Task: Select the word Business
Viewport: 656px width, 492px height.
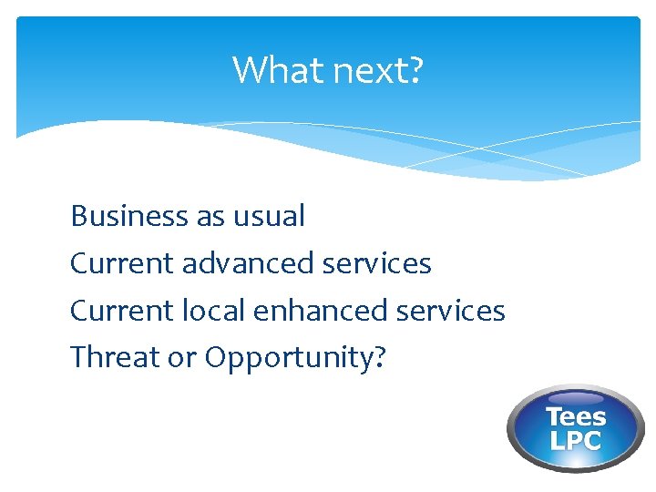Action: [x=128, y=216]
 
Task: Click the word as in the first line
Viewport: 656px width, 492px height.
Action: [x=209, y=217]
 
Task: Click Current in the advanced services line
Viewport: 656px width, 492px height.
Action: [x=122, y=263]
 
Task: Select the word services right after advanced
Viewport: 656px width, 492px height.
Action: [x=377, y=263]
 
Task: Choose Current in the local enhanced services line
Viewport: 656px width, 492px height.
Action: [x=122, y=311]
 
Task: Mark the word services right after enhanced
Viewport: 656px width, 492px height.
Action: [x=451, y=311]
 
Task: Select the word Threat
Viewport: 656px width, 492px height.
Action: [x=112, y=358]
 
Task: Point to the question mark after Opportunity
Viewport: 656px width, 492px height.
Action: [x=380, y=358]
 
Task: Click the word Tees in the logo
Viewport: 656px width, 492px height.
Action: [x=576, y=417]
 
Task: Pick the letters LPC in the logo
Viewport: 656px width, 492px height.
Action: [x=576, y=441]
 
